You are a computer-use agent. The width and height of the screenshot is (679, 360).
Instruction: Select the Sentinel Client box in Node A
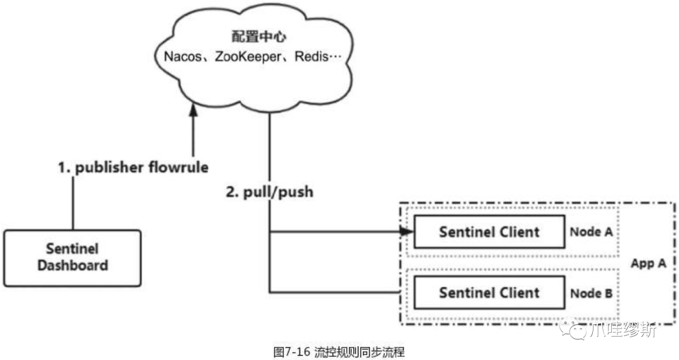tap(489, 232)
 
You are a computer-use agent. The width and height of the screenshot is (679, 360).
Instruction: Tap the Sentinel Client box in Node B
tap(489, 292)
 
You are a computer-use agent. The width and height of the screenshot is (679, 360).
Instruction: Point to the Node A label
tap(591, 232)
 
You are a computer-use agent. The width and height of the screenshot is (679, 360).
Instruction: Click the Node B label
tap(591, 293)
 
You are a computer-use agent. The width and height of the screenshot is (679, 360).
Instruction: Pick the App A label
tap(648, 263)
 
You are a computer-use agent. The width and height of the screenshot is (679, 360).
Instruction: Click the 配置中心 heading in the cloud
tap(249, 36)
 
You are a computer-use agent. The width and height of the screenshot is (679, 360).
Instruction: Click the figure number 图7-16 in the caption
tap(293, 351)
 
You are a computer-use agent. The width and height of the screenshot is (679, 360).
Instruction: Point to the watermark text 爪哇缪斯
tap(623, 329)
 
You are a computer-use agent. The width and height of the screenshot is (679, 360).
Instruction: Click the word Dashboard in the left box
tap(72, 265)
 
